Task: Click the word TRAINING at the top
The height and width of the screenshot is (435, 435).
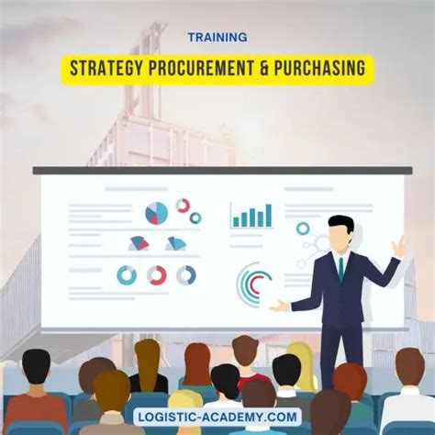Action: [x=217, y=38]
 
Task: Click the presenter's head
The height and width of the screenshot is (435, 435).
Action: [x=340, y=233]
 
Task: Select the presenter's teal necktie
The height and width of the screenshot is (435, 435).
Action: [x=340, y=267]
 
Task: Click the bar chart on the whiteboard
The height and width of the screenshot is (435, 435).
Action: [x=251, y=216]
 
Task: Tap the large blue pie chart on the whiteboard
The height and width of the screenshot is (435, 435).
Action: [x=157, y=214]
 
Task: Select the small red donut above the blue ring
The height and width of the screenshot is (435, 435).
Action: [x=183, y=206]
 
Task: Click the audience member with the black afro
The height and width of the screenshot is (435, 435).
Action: [x=37, y=367]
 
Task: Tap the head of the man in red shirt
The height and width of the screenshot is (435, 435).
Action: [x=245, y=351]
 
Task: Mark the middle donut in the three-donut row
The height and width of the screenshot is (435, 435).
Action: [x=157, y=274]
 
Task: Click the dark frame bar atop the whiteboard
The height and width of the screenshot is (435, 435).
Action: [x=220, y=170]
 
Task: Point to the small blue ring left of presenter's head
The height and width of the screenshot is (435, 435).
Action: [x=303, y=228]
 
